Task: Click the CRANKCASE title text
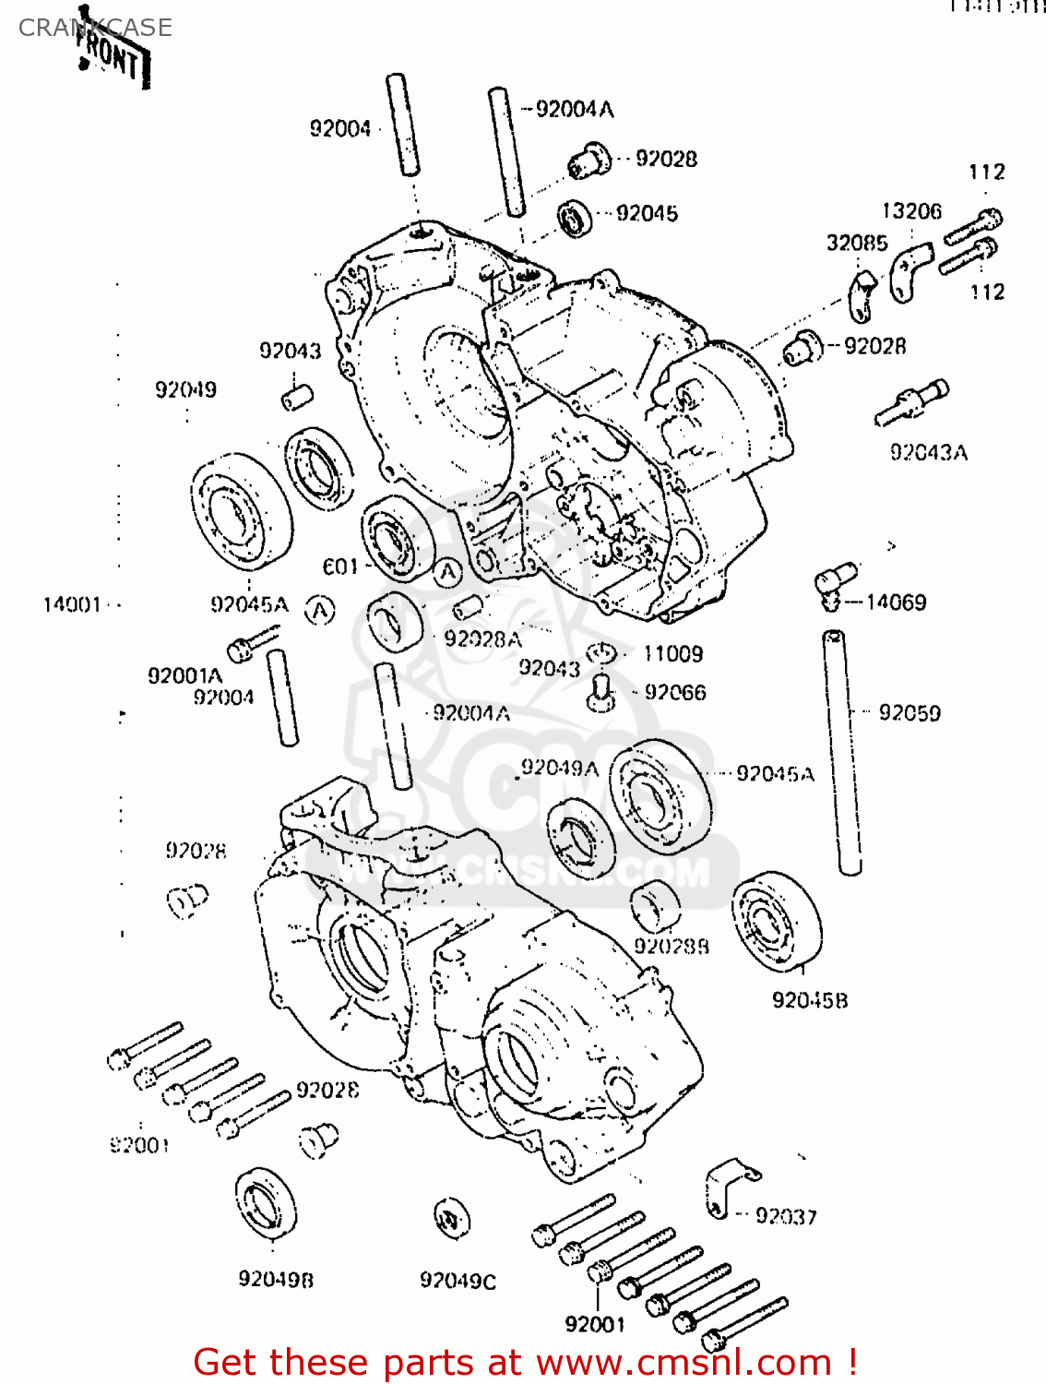click(x=95, y=28)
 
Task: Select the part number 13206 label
click(x=911, y=211)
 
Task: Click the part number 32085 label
click(x=857, y=243)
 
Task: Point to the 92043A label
click(x=929, y=452)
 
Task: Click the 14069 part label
click(x=896, y=603)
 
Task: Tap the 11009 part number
click(x=672, y=654)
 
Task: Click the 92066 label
click(x=675, y=692)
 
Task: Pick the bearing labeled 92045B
click(x=777, y=920)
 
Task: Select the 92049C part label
click(x=458, y=1281)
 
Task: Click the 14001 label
click(x=72, y=605)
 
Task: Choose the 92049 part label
click(x=185, y=389)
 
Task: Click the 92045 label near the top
click(x=647, y=214)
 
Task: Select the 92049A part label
click(x=560, y=768)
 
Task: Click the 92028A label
click(x=482, y=638)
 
